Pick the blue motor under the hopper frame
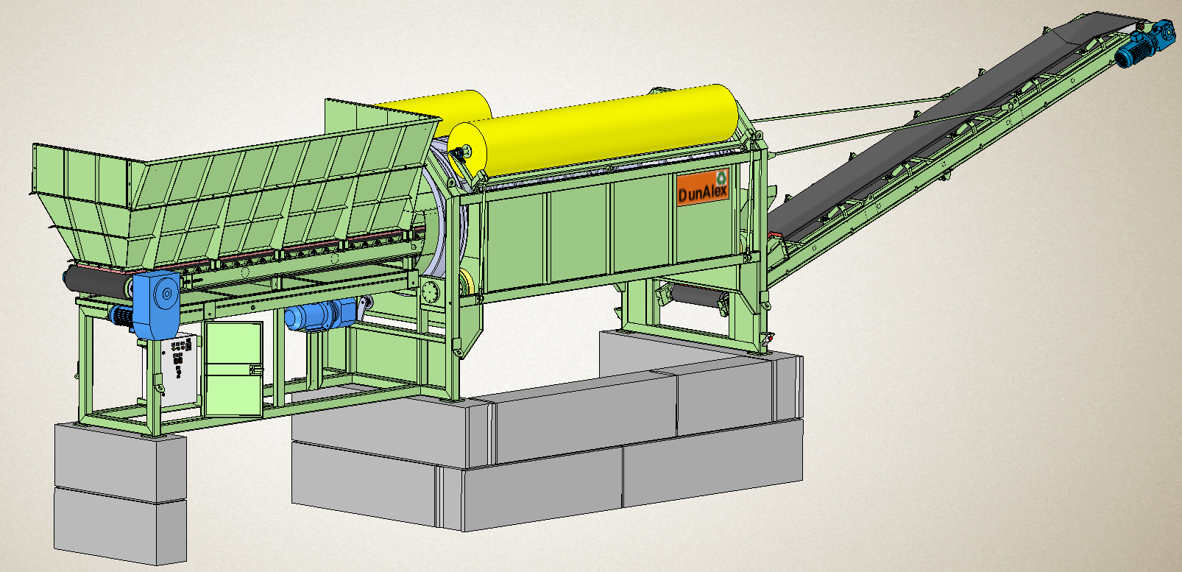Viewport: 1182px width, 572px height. (x=319, y=315)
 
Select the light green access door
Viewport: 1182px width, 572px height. (x=233, y=369)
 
